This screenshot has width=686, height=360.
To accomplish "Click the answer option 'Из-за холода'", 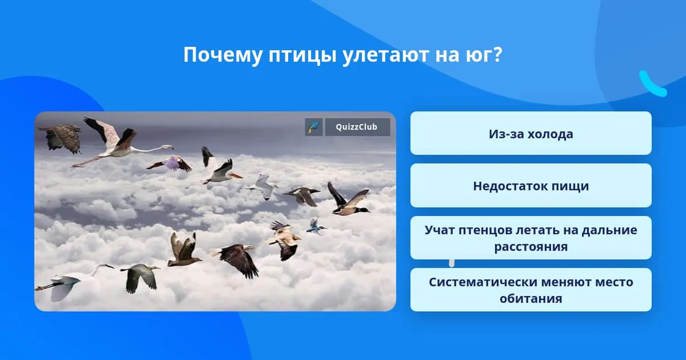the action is (x=531, y=133).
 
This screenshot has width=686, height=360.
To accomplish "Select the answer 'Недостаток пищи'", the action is (x=531, y=186).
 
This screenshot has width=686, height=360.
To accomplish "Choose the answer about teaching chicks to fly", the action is (x=531, y=238).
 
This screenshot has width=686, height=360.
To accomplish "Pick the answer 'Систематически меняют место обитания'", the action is (x=531, y=290).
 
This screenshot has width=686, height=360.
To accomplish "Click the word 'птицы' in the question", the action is (x=302, y=55).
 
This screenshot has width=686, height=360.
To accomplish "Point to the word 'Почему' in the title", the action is (x=222, y=55).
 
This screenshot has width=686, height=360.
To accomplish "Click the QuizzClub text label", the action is (x=357, y=127).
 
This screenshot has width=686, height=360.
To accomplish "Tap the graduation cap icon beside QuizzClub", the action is (x=314, y=127).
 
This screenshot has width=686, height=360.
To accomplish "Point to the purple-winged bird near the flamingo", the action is (x=170, y=164).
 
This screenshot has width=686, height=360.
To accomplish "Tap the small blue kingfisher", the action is (x=316, y=226).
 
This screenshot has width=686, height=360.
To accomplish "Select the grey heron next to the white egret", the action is (x=141, y=277).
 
